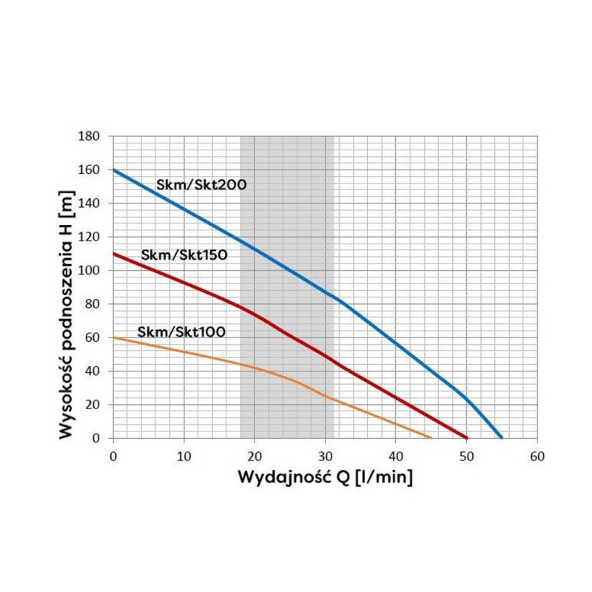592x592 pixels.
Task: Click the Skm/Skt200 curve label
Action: tap(201, 184)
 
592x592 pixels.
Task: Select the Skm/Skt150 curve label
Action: tap(184, 255)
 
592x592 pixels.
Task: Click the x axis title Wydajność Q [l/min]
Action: tap(325, 477)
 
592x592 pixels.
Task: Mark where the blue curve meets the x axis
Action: tap(502, 437)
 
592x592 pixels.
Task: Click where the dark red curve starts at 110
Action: tap(112, 254)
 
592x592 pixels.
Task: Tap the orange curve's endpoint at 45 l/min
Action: tap(431, 437)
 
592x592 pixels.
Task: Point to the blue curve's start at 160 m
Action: tap(112, 169)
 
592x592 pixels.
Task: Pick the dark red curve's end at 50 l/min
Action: tap(467, 437)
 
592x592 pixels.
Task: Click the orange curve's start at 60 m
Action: tap(112, 337)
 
